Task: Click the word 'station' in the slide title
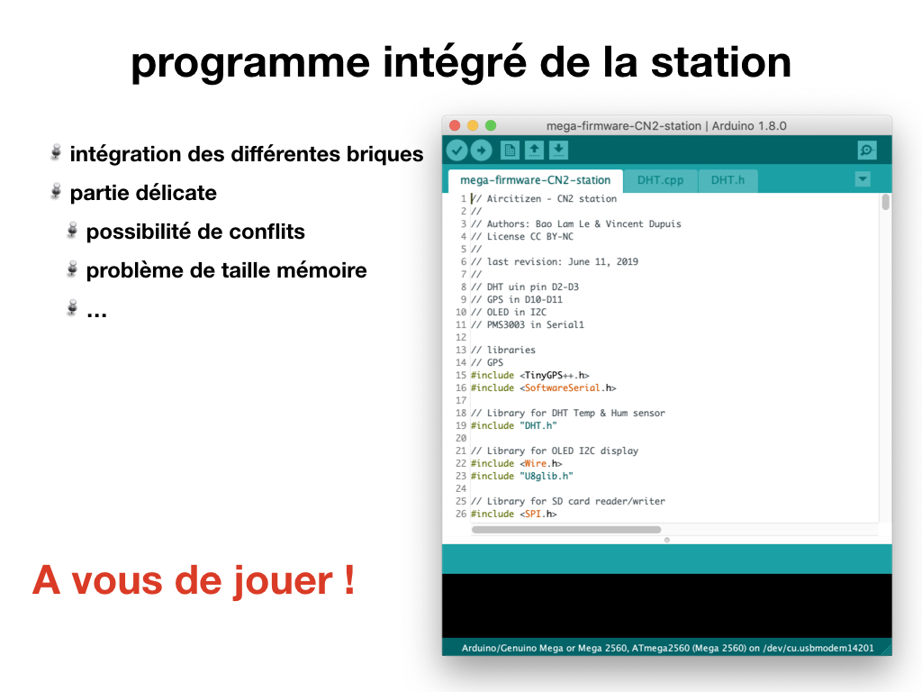coord(721,63)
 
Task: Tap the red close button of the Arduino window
coord(455,125)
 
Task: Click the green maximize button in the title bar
coord(491,125)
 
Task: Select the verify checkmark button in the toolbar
coord(456,150)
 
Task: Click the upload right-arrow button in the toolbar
coord(481,150)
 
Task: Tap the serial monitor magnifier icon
coord(867,150)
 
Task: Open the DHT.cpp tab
coord(660,180)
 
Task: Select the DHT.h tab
coord(728,180)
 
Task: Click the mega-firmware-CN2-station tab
coord(535,180)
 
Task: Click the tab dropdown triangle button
coord(863,179)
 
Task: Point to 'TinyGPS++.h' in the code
coord(556,376)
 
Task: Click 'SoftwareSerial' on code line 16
coord(562,387)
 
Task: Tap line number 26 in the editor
coord(461,514)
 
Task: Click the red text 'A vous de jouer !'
coord(194,581)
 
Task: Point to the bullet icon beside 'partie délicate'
coord(56,191)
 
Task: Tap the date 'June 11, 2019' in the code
coord(602,262)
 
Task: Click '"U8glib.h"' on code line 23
coord(547,476)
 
